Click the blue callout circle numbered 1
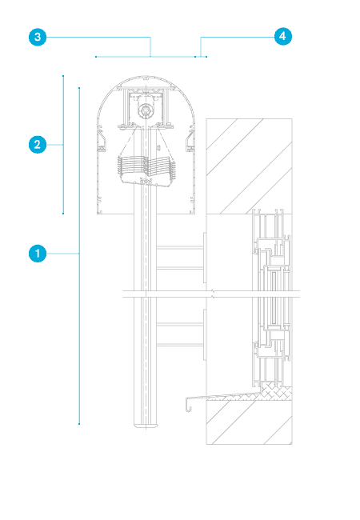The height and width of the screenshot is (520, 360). click(x=38, y=254)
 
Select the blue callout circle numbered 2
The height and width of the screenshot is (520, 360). click(x=38, y=145)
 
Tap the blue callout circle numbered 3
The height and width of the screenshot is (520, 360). click(x=38, y=37)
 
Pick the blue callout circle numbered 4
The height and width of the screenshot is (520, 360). click(x=283, y=36)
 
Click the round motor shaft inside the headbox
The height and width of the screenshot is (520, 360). click(x=146, y=110)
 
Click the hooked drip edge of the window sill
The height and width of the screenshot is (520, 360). click(x=188, y=403)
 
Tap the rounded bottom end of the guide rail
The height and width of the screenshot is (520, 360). click(x=146, y=424)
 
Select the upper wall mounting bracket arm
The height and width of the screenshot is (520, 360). click(x=180, y=258)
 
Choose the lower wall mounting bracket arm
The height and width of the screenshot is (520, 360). click(x=180, y=334)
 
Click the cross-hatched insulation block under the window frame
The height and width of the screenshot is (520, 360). click(x=276, y=391)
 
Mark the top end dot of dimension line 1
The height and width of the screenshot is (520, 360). click(x=79, y=88)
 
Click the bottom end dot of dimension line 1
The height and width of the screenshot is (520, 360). click(x=79, y=424)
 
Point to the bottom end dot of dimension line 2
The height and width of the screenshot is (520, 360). click(x=63, y=214)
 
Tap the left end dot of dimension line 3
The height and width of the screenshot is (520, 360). click(x=96, y=57)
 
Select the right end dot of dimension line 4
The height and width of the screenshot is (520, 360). click(x=206, y=57)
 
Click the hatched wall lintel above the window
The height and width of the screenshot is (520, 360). click(x=249, y=166)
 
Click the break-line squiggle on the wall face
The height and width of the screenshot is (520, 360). click(x=213, y=294)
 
